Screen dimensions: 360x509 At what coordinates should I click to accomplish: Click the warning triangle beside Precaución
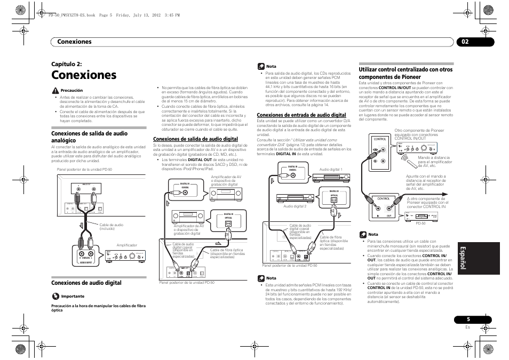55,91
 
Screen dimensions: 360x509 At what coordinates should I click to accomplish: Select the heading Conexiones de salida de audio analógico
89,137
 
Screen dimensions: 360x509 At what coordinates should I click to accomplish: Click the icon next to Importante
55,296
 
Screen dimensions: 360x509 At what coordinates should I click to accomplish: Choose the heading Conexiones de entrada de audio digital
301,115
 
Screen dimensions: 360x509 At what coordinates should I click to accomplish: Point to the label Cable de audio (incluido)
111,227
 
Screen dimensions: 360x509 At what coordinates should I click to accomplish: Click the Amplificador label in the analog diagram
127,245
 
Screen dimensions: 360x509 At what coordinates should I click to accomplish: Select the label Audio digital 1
331,170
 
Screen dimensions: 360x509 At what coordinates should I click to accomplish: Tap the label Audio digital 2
295,206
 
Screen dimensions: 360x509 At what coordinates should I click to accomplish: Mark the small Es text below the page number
467,327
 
